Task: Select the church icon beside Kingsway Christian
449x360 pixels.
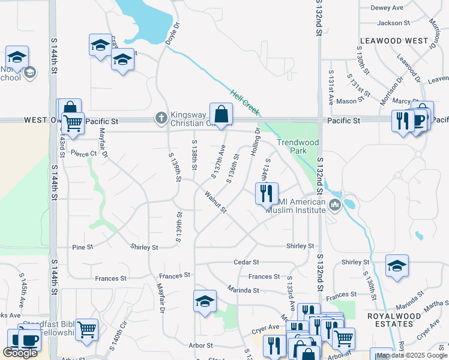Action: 161,118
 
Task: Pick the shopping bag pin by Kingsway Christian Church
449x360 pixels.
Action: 221,113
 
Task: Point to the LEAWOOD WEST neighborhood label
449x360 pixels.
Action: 394,41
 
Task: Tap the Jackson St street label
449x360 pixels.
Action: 393,23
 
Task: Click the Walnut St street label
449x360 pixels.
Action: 215,202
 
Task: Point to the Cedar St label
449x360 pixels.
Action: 246,262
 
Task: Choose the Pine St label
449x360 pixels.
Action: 82,247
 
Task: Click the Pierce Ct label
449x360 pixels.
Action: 83,154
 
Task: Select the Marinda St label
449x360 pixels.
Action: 243,290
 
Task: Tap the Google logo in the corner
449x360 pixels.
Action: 20,353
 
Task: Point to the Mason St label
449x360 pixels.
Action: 346,101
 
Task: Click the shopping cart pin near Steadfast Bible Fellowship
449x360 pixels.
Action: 87,329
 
